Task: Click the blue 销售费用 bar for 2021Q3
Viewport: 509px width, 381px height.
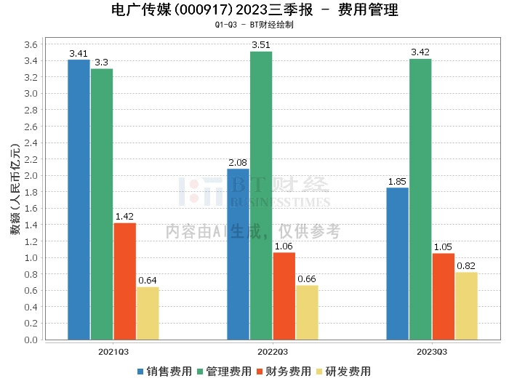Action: [x=79, y=199]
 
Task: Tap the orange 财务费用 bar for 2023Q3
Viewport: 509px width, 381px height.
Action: [x=443, y=296]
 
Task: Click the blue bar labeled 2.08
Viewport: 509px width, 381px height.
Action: [x=238, y=254]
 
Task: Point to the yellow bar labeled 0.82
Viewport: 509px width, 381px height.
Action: [x=466, y=305]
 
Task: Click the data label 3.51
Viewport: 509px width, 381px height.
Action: [x=261, y=45]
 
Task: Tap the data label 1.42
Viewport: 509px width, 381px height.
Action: [x=124, y=216]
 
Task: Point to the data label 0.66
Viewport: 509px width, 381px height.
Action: [x=307, y=278]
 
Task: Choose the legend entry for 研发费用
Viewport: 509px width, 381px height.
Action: [x=343, y=372]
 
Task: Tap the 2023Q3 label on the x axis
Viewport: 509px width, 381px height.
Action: [x=432, y=351]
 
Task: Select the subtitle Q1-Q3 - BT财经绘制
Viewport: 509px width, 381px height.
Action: [x=254, y=25]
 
